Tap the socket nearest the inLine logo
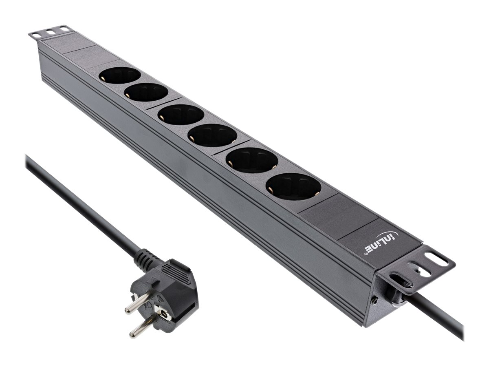[x=293, y=186]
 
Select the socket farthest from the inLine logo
[x=120, y=76]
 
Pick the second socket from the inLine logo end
[x=251, y=160]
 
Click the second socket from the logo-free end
[x=146, y=92]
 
